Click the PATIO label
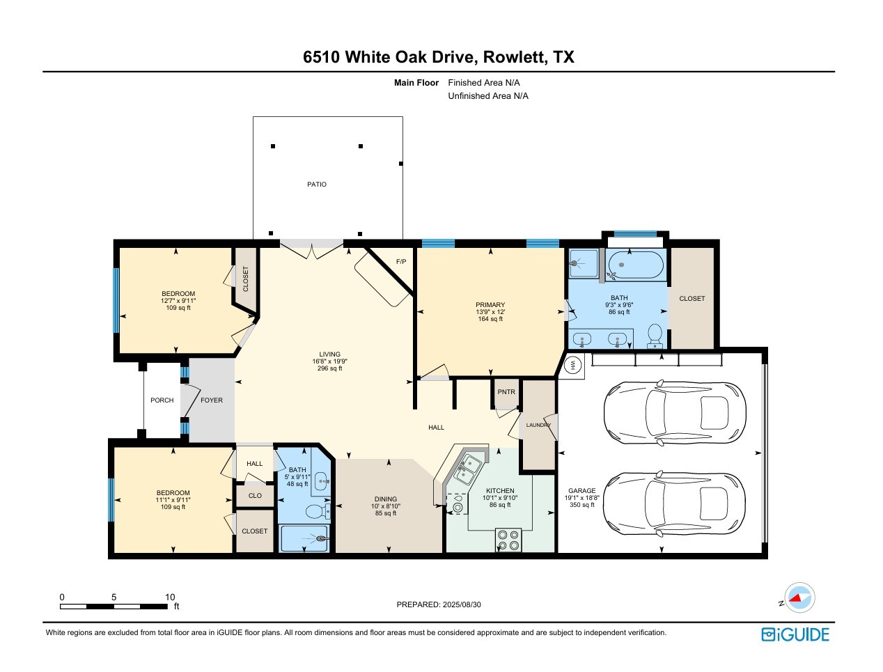coord(317,185)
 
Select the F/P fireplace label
coord(401,262)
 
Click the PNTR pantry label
coord(506,392)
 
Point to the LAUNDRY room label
coord(538,425)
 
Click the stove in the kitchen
coord(508,540)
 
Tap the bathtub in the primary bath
coord(635,265)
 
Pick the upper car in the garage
coord(674,412)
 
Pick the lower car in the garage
coord(674,503)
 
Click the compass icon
coord(799,597)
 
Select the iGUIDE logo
coord(795,634)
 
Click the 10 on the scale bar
coord(170,597)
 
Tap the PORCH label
coord(162,400)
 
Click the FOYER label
coord(212,400)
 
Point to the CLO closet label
coord(255,496)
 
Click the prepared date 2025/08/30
coord(461,604)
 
